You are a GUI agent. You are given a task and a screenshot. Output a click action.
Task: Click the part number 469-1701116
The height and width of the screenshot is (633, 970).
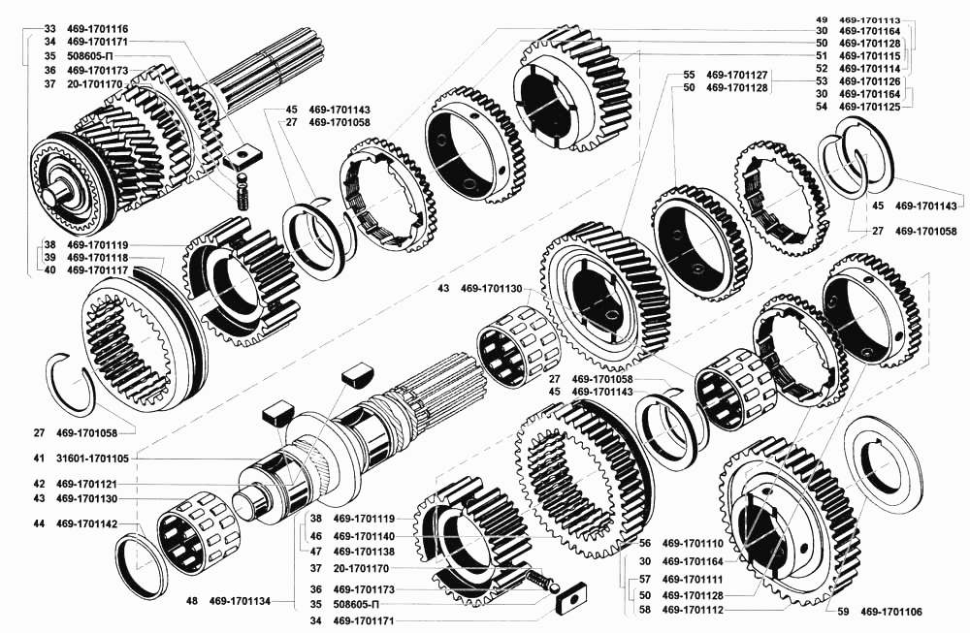pyautogui.click(x=97, y=29)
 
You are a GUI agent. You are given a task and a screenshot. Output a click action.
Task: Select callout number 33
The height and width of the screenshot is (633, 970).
pyautogui.click(x=50, y=29)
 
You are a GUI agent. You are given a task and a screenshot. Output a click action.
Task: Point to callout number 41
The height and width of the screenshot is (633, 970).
pyautogui.click(x=39, y=459)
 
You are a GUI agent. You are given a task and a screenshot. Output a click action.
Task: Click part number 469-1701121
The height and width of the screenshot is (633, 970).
pyautogui.click(x=86, y=484)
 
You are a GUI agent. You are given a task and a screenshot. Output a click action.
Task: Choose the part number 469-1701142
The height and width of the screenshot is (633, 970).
pyautogui.click(x=86, y=524)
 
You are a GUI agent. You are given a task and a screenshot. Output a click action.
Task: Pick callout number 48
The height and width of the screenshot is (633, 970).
pyautogui.click(x=192, y=601)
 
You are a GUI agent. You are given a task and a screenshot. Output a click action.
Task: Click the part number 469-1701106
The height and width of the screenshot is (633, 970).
pyautogui.click(x=890, y=612)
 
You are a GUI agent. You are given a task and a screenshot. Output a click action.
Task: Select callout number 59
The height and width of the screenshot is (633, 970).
pyautogui.click(x=843, y=612)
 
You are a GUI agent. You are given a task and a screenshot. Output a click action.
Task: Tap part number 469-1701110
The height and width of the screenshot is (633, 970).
pyautogui.click(x=693, y=544)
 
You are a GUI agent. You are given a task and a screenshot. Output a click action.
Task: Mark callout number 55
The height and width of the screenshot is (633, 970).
pyautogui.click(x=689, y=75)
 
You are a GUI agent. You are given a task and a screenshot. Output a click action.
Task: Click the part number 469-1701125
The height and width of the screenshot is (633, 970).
pyautogui.click(x=870, y=107)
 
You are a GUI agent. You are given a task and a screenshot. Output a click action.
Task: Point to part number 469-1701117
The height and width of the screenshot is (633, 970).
pyautogui.click(x=97, y=270)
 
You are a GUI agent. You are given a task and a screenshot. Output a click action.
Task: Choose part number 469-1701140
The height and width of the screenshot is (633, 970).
pyautogui.click(x=364, y=537)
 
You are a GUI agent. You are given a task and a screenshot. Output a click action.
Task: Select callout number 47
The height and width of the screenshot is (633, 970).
pyautogui.click(x=316, y=552)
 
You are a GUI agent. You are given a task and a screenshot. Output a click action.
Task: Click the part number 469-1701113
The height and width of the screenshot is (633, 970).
pyautogui.click(x=870, y=19)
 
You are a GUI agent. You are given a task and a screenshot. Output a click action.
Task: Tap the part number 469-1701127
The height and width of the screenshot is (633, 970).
pyautogui.click(x=737, y=75)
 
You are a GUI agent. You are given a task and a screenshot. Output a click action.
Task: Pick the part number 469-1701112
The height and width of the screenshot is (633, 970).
pyautogui.click(x=693, y=610)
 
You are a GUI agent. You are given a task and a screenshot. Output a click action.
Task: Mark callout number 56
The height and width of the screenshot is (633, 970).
pyautogui.click(x=645, y=544)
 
